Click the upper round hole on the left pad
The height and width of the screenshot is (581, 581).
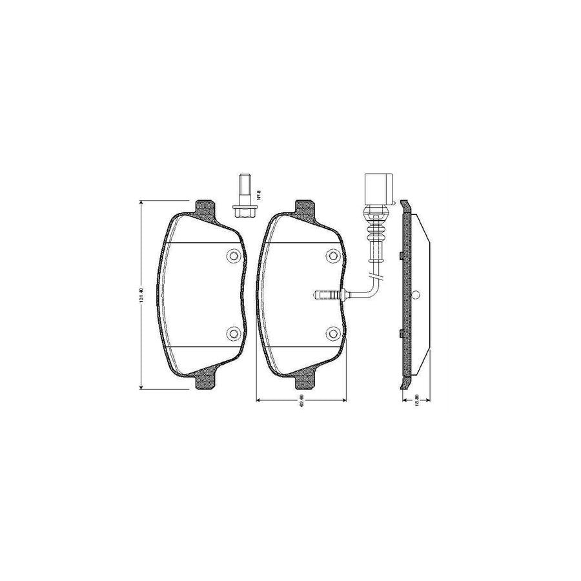click(x=233, y=256)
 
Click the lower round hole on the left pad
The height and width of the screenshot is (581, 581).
click(x=233, y=333)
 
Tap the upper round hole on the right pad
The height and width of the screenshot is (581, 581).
click(x=332, y=256)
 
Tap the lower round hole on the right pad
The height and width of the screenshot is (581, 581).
click(x=332, y=333)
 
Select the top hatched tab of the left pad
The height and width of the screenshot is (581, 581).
click(x=206, y=208)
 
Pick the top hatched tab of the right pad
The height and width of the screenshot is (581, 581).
click(x=305, y=208)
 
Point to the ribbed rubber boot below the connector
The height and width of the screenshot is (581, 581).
click(x=375, y=224)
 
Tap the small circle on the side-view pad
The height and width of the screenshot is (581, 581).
click(x=416, y=295)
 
